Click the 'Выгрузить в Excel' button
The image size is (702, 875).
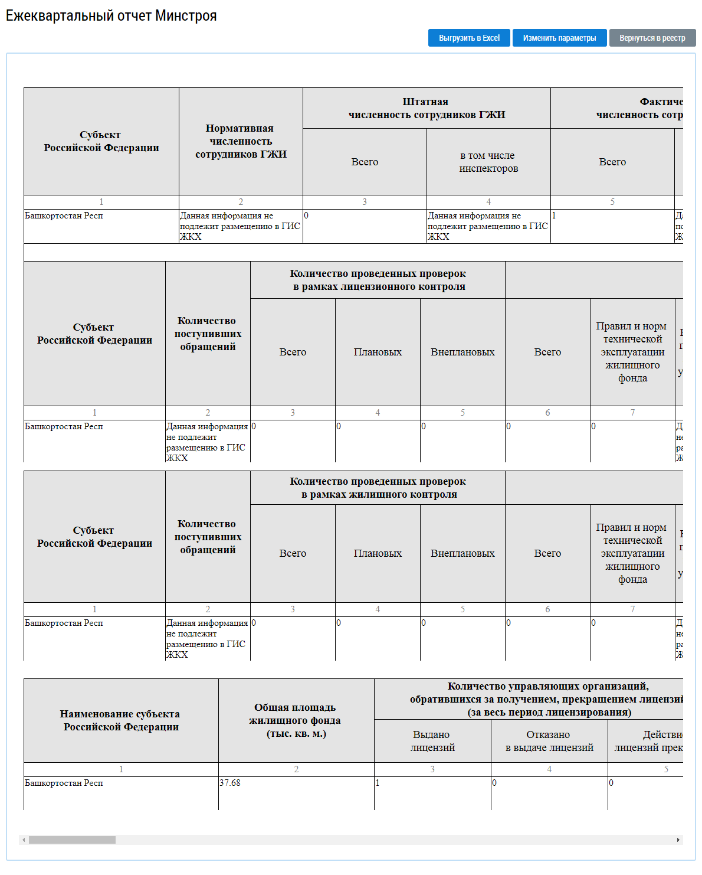point(469,38)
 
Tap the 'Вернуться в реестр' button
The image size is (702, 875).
point(652,38)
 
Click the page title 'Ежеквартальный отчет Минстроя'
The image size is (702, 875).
point(111,16)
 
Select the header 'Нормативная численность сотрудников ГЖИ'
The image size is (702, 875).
point(241,141)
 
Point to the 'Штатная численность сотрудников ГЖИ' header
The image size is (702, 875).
point(427,108)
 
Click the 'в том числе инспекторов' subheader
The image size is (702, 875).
point(488,162)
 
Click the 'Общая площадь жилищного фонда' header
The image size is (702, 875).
point(296,720)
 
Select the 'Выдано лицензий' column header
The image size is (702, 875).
point(432,741)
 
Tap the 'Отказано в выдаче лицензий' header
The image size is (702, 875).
point(549,741)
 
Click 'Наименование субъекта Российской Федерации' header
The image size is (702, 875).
point(121,720)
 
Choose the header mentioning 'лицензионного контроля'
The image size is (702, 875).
point(378,280)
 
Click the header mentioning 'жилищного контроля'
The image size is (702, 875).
point(378,488)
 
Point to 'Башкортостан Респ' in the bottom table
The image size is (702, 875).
point(64,783)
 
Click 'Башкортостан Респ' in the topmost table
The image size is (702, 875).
point(64,216)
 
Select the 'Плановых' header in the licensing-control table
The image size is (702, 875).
point(378,352)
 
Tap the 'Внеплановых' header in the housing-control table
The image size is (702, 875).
point(462,553)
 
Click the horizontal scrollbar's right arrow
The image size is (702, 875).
point(678,840)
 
